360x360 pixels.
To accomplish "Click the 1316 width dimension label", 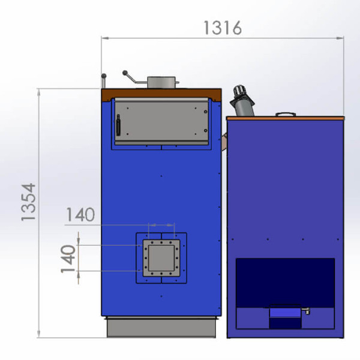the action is coord(223,28).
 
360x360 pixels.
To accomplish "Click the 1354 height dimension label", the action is coord(28,202).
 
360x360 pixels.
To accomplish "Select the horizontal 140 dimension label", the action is coord(80,215).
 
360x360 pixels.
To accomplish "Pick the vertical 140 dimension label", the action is coord(68,259).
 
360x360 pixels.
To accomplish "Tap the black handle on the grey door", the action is coord(118,125).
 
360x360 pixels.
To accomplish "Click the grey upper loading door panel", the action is coord(161,121).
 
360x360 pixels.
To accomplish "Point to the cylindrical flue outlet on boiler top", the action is coord(161,82).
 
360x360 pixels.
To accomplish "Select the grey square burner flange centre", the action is coord(161,258).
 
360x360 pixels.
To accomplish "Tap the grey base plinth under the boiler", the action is coord(161,327).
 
